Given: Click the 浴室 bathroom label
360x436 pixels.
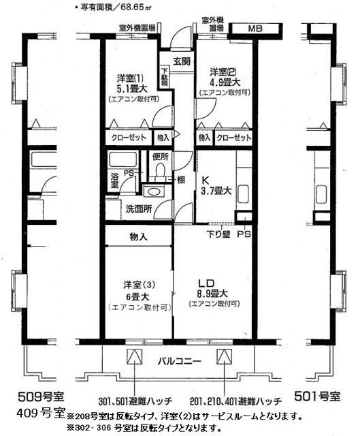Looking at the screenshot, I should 114,182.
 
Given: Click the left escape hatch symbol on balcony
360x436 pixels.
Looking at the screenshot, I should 134,357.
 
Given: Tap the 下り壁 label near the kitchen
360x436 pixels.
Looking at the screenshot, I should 218,235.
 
